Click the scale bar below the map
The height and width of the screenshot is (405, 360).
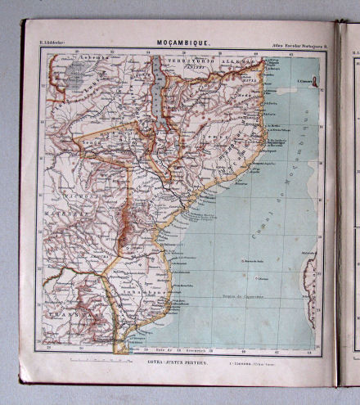click(x=92, y=359)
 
